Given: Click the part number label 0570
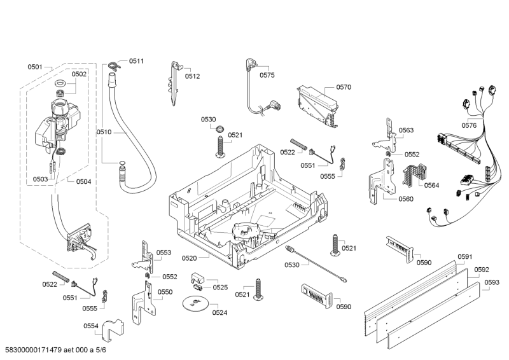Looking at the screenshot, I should [x=344, y=87].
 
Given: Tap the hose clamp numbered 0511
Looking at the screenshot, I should [x=114, y=64].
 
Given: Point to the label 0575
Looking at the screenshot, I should [x=267, y=75].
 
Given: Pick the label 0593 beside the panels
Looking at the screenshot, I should [x=491, y=282].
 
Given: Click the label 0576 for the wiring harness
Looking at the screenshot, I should [x=469, y=125].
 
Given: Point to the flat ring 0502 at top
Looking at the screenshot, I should [x=62, y=85].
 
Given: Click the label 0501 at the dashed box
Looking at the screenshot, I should [x=35, y=67].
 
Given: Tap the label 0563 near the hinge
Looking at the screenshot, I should [x=406, y=130].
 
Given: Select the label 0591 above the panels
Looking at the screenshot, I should [x=464, y=256].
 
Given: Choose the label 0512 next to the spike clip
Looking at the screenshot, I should [x=193, y=76].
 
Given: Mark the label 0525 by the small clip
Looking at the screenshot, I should [x=220, y=287].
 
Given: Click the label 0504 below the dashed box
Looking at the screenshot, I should [x=83, y=181].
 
